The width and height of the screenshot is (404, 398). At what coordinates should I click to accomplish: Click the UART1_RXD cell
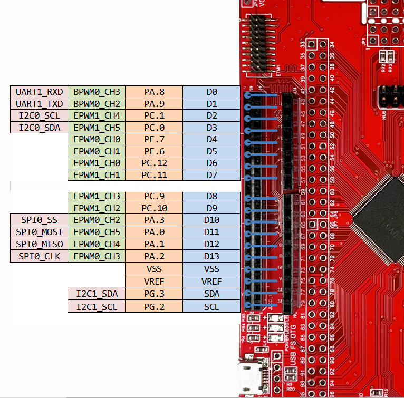39,92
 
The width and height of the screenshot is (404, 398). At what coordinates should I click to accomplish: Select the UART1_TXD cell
39,104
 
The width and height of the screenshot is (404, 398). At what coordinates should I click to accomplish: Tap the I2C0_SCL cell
39,116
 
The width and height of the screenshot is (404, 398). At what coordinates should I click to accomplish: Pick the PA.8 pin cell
154,92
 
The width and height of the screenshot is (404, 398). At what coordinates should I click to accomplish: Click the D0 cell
211,92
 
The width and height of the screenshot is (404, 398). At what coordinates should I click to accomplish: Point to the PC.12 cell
154,163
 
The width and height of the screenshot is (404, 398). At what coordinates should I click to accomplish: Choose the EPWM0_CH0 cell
97,140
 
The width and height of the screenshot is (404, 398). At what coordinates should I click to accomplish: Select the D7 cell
211,174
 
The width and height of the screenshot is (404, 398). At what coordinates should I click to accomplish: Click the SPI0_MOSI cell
39,232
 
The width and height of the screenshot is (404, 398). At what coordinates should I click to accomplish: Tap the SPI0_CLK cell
39,257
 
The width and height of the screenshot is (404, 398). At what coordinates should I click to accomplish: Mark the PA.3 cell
154,220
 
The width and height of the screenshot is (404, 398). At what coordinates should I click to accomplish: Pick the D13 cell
211,257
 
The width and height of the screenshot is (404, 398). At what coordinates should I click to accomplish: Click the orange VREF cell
154,281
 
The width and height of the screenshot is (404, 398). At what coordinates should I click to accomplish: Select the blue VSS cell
211,269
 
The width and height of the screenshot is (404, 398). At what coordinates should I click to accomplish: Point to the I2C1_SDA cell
97,294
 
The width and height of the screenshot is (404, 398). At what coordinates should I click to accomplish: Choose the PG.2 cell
154,307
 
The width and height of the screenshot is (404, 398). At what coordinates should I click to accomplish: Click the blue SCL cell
211,307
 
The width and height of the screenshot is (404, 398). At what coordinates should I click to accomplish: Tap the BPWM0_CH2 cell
97,104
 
